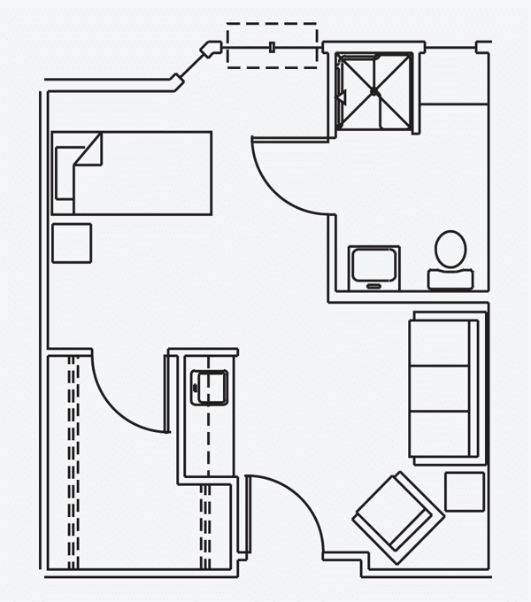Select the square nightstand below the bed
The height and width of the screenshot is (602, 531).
(x=72, y=243)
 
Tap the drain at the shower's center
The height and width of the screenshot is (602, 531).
(x=374, y=92)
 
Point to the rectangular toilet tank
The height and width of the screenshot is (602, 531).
(x=450, y=280)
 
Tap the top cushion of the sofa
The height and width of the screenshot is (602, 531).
(x=440, y=343)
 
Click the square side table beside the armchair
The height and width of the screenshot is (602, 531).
(x=465, y=491)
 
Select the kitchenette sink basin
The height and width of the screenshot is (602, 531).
(x=210, y=387)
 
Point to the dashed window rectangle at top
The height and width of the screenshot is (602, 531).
(x=272, y=45)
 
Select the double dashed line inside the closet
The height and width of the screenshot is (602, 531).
(x=73, y=460)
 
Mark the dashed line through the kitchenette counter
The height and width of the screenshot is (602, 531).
(x=207, y=443)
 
